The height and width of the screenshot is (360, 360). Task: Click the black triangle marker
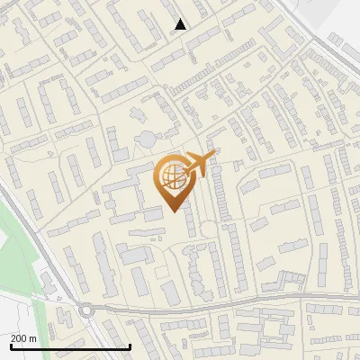181,24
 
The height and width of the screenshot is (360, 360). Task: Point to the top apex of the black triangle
181,19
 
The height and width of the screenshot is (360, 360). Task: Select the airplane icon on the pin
199,164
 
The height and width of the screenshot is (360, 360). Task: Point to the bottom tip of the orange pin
171,211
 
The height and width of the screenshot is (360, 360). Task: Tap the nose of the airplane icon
212,156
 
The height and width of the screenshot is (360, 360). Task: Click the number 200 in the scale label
19,338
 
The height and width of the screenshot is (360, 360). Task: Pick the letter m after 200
33,338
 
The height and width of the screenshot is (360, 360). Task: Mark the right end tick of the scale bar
131,345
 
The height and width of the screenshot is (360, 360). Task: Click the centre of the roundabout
86,310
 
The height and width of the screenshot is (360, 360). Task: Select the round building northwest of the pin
146,139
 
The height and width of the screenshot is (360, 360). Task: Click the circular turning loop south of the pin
208,229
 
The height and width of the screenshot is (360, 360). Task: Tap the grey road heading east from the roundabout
180,305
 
